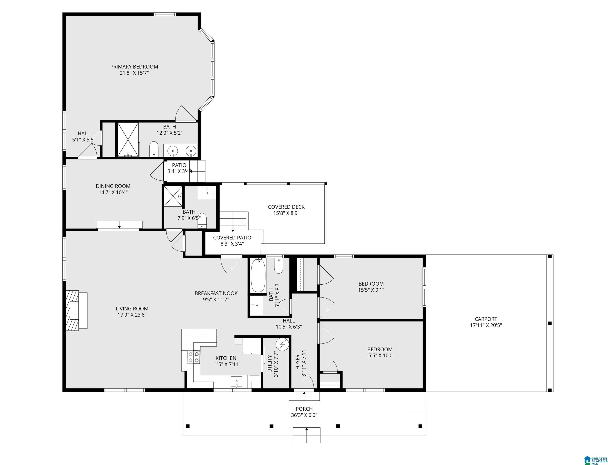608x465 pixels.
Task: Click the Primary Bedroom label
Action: point(134,67)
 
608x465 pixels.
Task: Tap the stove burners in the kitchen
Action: point(193,357)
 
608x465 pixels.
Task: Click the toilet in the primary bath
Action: point(154,149)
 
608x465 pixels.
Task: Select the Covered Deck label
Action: point(286,207)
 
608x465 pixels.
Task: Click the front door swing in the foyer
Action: point(304,382)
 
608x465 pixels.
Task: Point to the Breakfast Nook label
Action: point(216,293)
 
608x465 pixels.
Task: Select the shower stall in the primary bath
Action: point(128,139)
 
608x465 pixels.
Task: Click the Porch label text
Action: point(304,409)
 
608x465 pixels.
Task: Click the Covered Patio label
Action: point(232,238)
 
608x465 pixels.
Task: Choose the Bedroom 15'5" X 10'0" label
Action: point(379,349)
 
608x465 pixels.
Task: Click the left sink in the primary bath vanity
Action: point(173,151)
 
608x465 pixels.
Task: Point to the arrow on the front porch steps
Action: point(306,429)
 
